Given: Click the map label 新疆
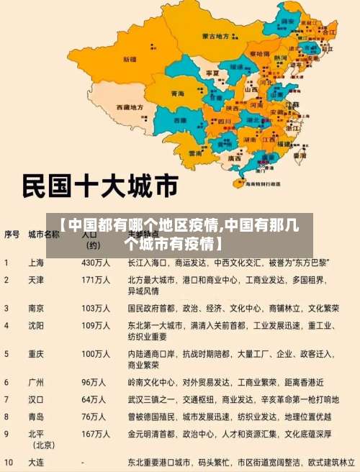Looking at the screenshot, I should point(130,58).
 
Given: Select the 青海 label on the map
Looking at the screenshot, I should point(177,94).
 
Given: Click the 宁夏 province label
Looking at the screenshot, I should point(212,73).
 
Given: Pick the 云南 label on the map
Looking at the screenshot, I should point(195,153).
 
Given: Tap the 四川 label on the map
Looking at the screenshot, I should point(224,121).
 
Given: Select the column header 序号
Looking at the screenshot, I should point(12,234).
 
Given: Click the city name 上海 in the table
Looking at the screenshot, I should point(35,262).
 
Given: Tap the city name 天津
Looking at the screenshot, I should point(35,279).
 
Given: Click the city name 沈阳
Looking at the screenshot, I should point(35,325).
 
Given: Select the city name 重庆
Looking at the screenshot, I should point(35,354).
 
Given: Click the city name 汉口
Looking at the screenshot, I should point(35,399).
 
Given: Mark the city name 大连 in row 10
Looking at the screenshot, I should point(35,461).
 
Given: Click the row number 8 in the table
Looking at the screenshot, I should point(6,416).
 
